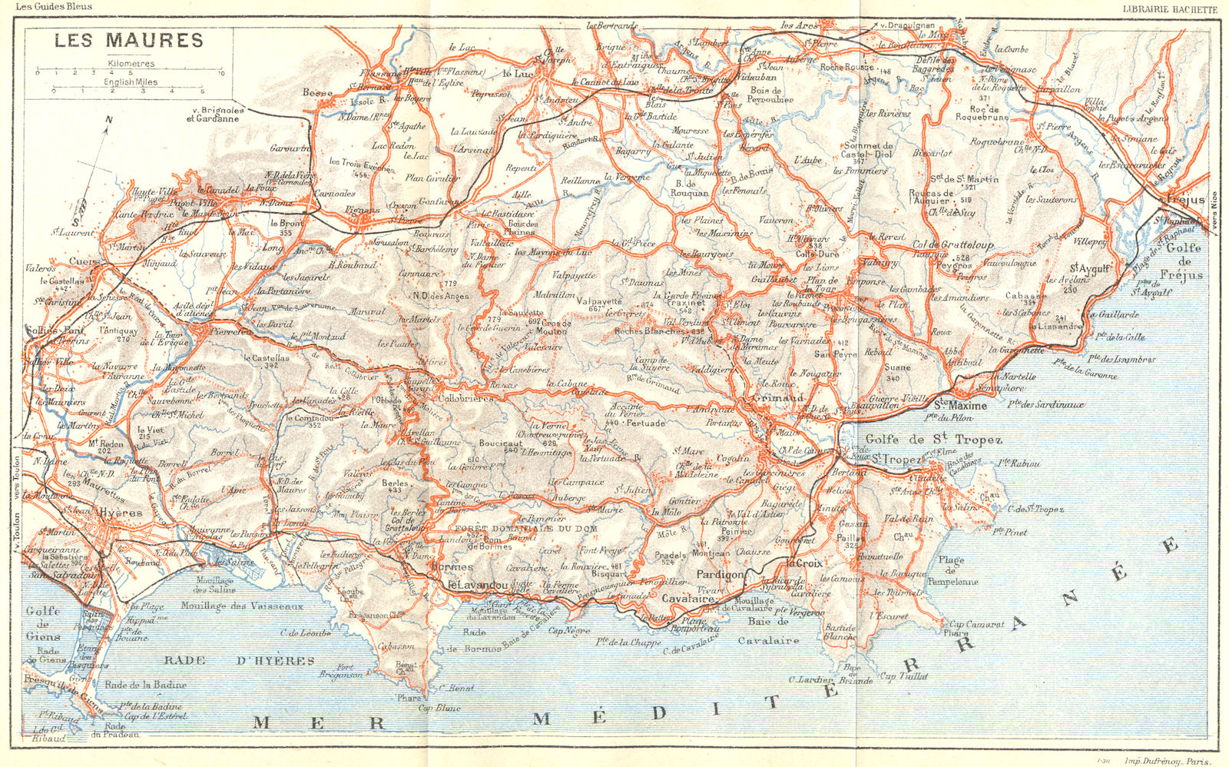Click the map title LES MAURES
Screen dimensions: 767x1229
(128, 41)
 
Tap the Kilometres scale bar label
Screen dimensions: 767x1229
(131, 64)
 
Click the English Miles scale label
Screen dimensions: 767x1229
(131, 81)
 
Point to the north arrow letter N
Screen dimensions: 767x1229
(109, 120)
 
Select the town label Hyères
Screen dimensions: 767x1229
(121, 513)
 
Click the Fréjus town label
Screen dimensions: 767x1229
(1185, 200)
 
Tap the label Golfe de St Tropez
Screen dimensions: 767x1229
(933, 440)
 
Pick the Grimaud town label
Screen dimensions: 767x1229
(777, 398)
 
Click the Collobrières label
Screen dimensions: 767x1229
(465, 399)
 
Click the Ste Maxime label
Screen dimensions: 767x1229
(960, 405)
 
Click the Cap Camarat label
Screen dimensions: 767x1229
(976, 624)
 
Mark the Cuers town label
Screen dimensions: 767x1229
(85, 262)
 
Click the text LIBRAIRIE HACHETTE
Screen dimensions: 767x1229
(1169, 9)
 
